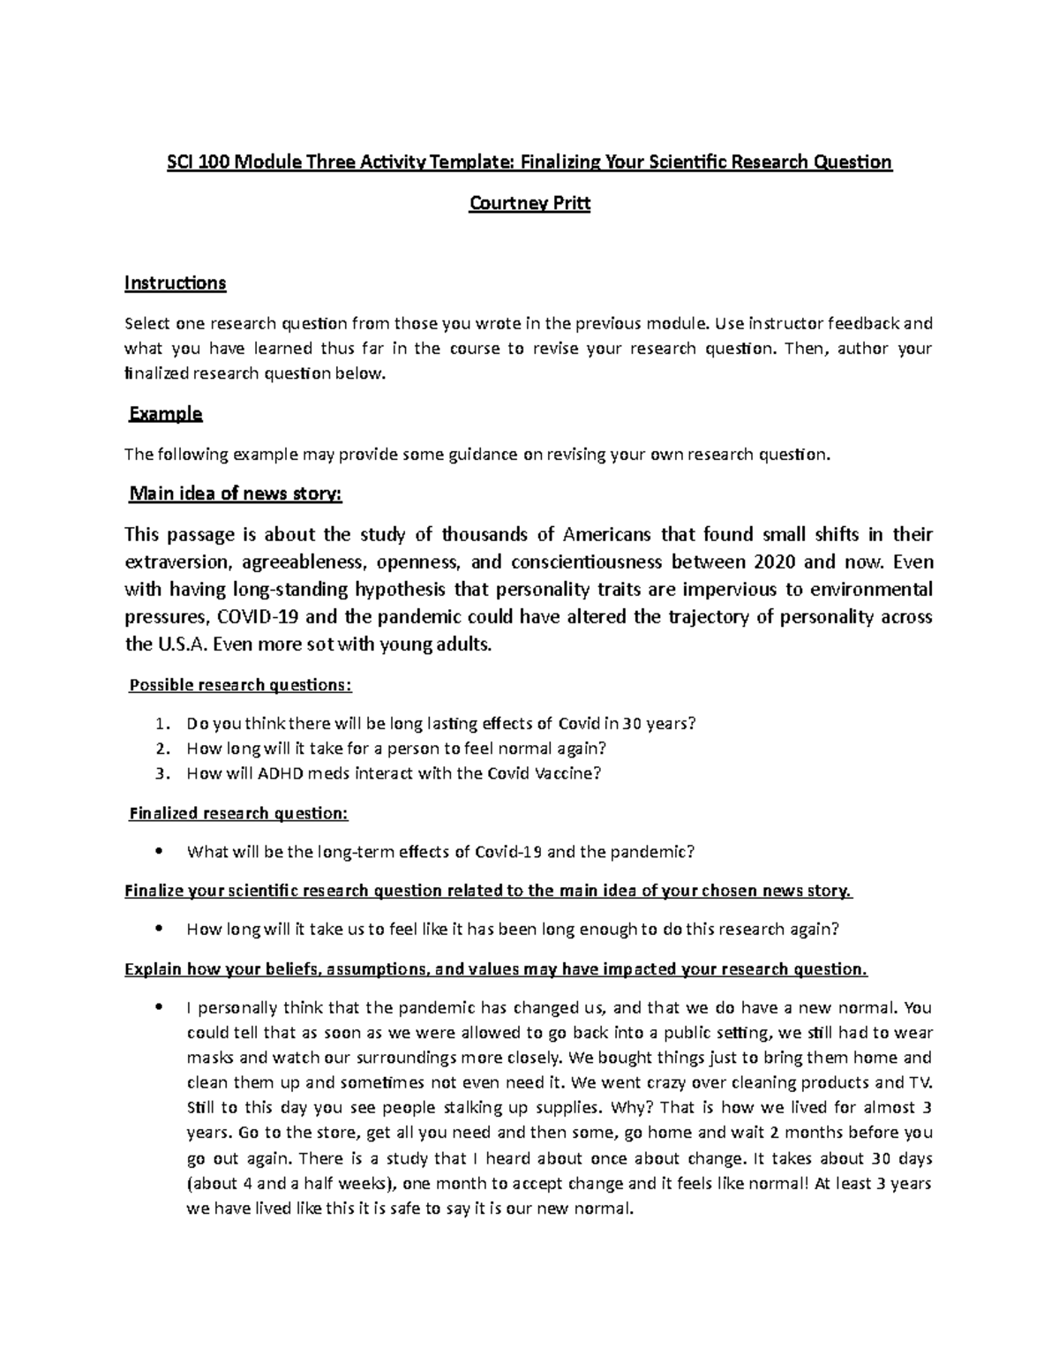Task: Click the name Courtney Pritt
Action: (x=529, y=204)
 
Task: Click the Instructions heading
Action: (x=176, y=283)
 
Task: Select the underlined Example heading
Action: (x=166, y=413)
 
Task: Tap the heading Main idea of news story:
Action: (x=235, y=494)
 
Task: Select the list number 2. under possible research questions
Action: (x=161, y=749)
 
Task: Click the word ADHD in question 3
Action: (x=281, y=773)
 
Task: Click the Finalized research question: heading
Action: (x=238, y=813)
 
